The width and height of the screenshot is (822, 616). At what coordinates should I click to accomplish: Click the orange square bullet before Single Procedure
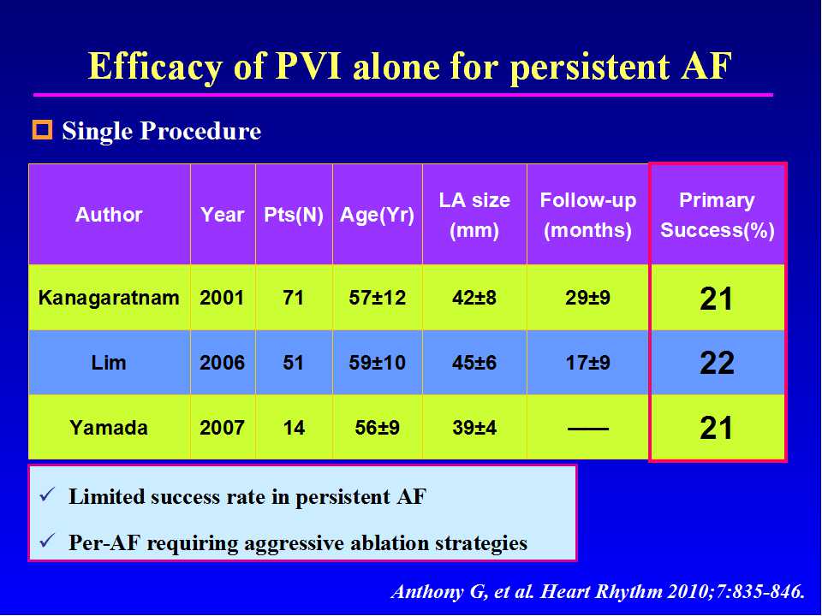(42, 131)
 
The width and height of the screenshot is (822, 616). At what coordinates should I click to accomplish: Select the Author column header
(109, 215)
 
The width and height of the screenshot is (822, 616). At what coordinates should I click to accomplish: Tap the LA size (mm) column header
(474, 215)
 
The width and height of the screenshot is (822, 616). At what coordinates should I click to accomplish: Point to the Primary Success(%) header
(718, 215)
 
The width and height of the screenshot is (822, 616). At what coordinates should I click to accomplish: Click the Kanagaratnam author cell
(109, 298)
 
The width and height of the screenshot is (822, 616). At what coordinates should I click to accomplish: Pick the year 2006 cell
(222, 363)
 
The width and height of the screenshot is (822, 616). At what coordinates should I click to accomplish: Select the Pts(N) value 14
(294, 427)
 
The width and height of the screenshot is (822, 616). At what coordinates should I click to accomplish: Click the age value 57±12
(378, 298)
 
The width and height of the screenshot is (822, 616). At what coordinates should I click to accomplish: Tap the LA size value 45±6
(474, 363)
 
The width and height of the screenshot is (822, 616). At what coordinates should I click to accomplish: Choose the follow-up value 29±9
(588, 298)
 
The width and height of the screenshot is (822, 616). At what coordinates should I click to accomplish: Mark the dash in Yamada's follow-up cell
(588, 428)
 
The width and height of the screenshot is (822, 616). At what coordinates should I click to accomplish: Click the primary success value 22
(717, 364)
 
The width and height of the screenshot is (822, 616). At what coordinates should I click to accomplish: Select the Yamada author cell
(109, 427)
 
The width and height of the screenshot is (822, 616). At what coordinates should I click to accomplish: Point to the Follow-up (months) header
(588, 215)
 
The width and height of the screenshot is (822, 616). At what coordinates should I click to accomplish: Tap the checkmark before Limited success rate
(48, 495)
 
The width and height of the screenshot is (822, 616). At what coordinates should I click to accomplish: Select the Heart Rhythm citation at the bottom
(598, 591)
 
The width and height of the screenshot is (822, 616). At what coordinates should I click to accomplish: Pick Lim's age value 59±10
(378, 363)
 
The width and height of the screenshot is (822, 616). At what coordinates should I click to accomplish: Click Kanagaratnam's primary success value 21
(717, 299)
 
